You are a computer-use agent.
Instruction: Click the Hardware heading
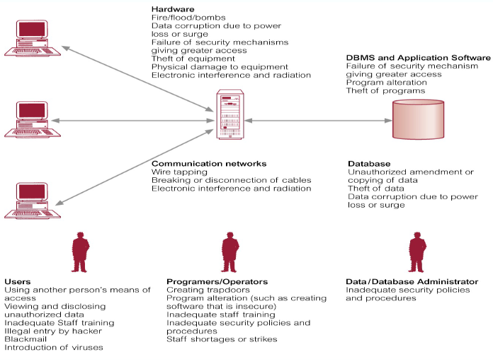coord(171,9)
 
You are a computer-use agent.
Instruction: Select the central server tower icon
coord(228,116)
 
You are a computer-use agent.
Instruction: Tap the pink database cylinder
coord(420,120)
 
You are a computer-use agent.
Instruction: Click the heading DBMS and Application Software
coord(418,57)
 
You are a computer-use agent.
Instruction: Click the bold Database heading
coord(369,163)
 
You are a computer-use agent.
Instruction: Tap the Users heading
coord(17,281)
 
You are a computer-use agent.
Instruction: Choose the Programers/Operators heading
coord(207,281)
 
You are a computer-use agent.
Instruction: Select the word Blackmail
coord(26,339)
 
